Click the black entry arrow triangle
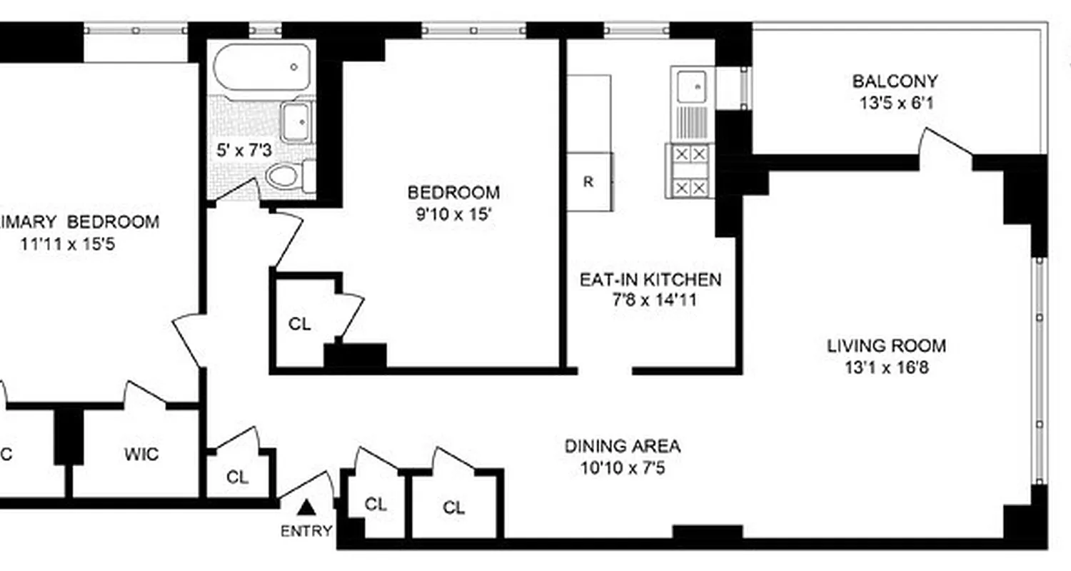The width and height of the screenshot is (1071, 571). pyautogui.click(x=306, y=507)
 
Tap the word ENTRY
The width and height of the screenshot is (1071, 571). pyautogui.click(x=306, y=531)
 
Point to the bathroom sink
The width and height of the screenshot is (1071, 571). pyautogui.click(x=296, y=123)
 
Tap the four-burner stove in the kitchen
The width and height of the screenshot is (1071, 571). pyautogui.click(x=690, y=171)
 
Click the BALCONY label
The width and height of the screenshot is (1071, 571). pyautogui.click(x=895, y=81)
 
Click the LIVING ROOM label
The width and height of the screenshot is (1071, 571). pyautogui.click(x=886, y=346)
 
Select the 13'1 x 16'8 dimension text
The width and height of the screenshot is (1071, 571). pyautogui.click(x=886, y=368)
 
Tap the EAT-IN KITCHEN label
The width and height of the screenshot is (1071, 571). pyautogui.click(x=650, y=279)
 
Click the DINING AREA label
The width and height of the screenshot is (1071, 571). pyautogui.click(x=623, y=447)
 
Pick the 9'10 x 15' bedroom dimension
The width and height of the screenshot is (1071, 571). pyautogui.click(x=453, y=214)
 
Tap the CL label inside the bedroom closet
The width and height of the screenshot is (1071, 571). pyautogui.click(x=300, y=324)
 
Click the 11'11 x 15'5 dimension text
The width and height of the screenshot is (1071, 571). pyautogui.click(x=69, y=244)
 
